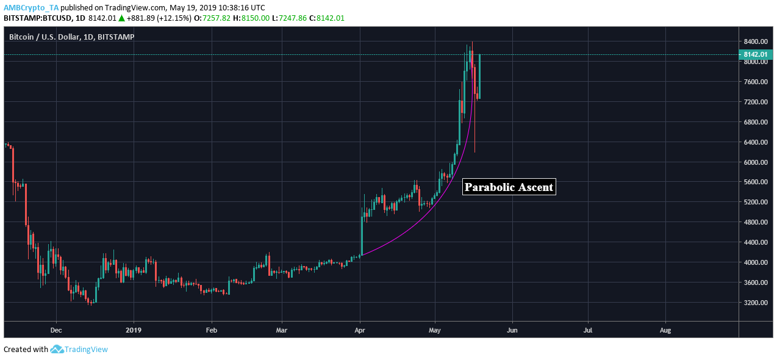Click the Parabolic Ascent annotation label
pyautogui.click(x=509, y=187)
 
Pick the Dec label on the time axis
pyautogui.click(x=56, y=330)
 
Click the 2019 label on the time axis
pyautogui.click(x=133, y=330)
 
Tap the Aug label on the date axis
pyautogui.click(x=665, y=330)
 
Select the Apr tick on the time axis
pyautogui.click(x=360, y=330)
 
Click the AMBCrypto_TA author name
pyautogui.click(x=31, y=7)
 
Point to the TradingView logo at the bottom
pyautogui.click(x=79, y=350)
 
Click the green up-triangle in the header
pyautogui.click(x=121, y=18)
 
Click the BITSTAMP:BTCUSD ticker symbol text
pyautogui.click(x=38, y=18)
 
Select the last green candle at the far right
pyautogui.click(x=480, y=76)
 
